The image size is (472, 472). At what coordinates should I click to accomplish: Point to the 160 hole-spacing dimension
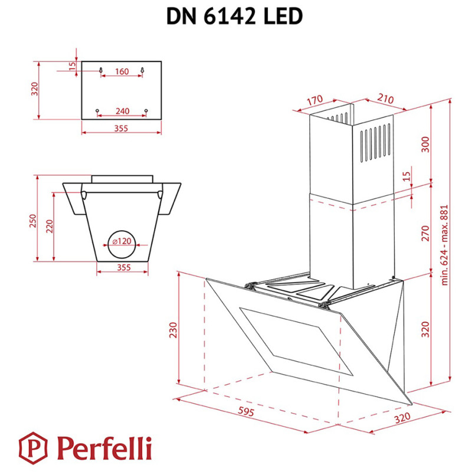click(122, 72)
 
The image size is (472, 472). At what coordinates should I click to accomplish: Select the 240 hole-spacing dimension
click(122, 112)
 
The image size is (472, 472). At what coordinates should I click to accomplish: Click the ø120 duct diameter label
click(122, 241)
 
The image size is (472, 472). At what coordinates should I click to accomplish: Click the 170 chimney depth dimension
click(315, 101)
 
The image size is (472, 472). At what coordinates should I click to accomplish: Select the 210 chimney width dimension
click(385, 100)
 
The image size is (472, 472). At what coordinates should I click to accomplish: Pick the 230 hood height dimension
click(172, 330)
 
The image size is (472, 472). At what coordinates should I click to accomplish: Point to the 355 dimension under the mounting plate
click(122, 128)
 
